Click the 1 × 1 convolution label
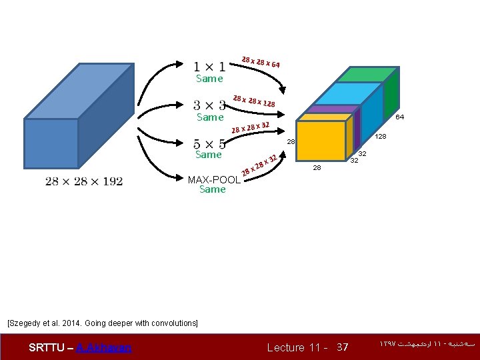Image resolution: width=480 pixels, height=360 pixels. point(209,66)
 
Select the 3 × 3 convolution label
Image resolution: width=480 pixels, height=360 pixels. point(209,105)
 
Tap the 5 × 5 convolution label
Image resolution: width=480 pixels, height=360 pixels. point(208,143)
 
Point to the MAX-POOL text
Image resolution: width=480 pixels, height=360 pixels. point(214,179)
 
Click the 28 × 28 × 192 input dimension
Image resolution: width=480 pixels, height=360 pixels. point(84,181)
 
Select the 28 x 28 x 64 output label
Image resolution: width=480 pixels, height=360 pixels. point(260,63)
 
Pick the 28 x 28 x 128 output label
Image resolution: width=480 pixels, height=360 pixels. point(254,101)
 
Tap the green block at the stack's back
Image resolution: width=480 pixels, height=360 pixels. point(363,75)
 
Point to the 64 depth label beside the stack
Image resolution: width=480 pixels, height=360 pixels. point(399,117)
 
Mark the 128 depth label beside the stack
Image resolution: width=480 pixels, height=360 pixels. point(381,137)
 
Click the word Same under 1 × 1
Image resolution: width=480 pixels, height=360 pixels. point(209,79)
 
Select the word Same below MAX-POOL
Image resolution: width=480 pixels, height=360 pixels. point(212,189)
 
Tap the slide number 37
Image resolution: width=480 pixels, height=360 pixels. point(342,347)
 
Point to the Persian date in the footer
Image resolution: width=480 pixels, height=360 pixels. point(427,345)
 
